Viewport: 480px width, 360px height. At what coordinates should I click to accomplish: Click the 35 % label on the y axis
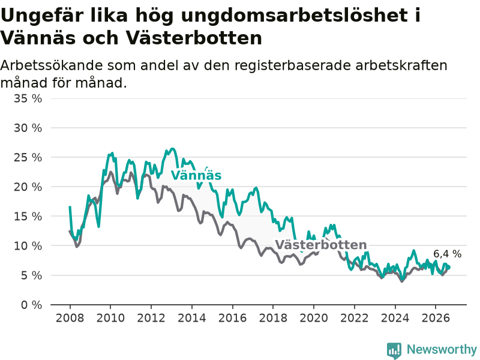(28, 98)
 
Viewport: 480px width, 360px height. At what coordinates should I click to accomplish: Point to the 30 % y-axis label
(28, 128)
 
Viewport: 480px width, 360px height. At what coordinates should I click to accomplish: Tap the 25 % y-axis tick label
(28, 158)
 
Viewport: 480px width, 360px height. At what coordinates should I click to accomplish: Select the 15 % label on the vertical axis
(28, 217)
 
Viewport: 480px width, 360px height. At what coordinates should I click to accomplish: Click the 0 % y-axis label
(32, 305)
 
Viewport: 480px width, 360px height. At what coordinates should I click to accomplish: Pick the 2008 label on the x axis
(70, 318)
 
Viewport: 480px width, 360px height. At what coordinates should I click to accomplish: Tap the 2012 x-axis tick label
(151, 318)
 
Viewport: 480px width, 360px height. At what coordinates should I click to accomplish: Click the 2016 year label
(232, 318)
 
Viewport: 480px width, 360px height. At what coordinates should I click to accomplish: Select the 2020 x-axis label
(314, 318)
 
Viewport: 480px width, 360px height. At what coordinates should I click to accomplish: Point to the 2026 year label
(436, 318)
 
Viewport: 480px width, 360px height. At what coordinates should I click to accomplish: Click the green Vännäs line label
(196, 175)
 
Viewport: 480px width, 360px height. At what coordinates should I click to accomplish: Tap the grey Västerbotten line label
(321, 245)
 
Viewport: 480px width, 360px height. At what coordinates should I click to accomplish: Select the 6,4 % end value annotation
(447, 254)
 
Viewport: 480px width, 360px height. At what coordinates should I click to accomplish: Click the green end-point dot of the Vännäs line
(448, 268)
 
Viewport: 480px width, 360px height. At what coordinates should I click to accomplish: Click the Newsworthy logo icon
(394, 350)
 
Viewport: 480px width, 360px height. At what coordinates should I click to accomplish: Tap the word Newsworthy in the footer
(442, 349)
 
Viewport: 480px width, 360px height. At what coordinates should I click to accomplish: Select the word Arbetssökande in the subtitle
(51, 65)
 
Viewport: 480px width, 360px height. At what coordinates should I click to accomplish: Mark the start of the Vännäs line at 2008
(70, 207)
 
